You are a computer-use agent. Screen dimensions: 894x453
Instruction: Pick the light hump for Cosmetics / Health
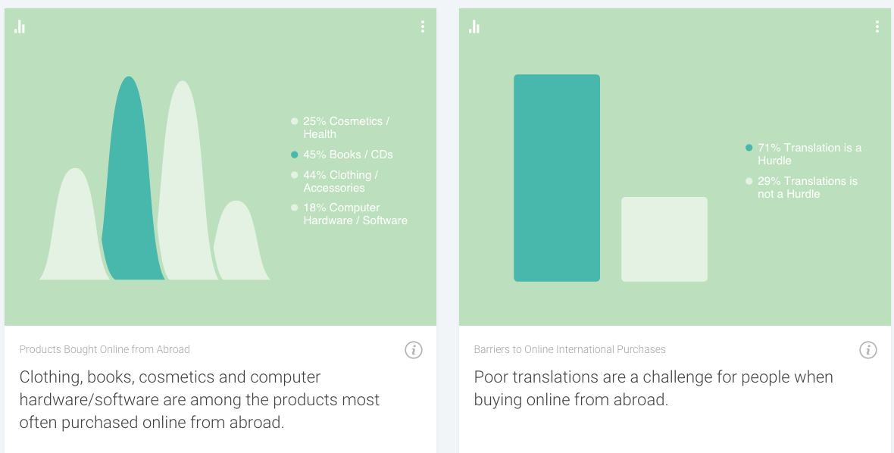(74, 228)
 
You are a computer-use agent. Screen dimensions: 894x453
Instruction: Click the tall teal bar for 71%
(556, 178)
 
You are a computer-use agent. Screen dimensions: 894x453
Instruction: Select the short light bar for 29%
(664, 239)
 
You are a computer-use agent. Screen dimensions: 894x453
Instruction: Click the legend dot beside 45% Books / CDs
(294, 155)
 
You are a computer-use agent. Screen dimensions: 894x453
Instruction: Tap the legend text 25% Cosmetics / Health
(346, 127)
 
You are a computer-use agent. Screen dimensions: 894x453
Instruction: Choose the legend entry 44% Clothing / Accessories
(340, 181)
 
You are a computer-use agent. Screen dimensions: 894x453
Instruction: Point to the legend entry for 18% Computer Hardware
(355, 214)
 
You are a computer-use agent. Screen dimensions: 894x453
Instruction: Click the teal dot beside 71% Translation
(749, 148)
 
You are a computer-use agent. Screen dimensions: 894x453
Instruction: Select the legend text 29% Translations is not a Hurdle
(808, 187)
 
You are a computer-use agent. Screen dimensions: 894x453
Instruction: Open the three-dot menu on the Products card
(423, 27)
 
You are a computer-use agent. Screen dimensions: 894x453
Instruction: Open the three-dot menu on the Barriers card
(877, 27)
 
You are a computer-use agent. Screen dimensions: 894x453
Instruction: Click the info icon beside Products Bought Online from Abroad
(414, 350)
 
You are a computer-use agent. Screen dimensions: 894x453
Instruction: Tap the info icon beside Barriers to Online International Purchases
(867, 350)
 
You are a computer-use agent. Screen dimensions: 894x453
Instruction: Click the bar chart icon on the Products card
(20, 27)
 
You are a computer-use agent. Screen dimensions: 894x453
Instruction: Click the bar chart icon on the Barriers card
(474, 27)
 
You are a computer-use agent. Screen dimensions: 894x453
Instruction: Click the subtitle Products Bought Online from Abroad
(105, 349)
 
